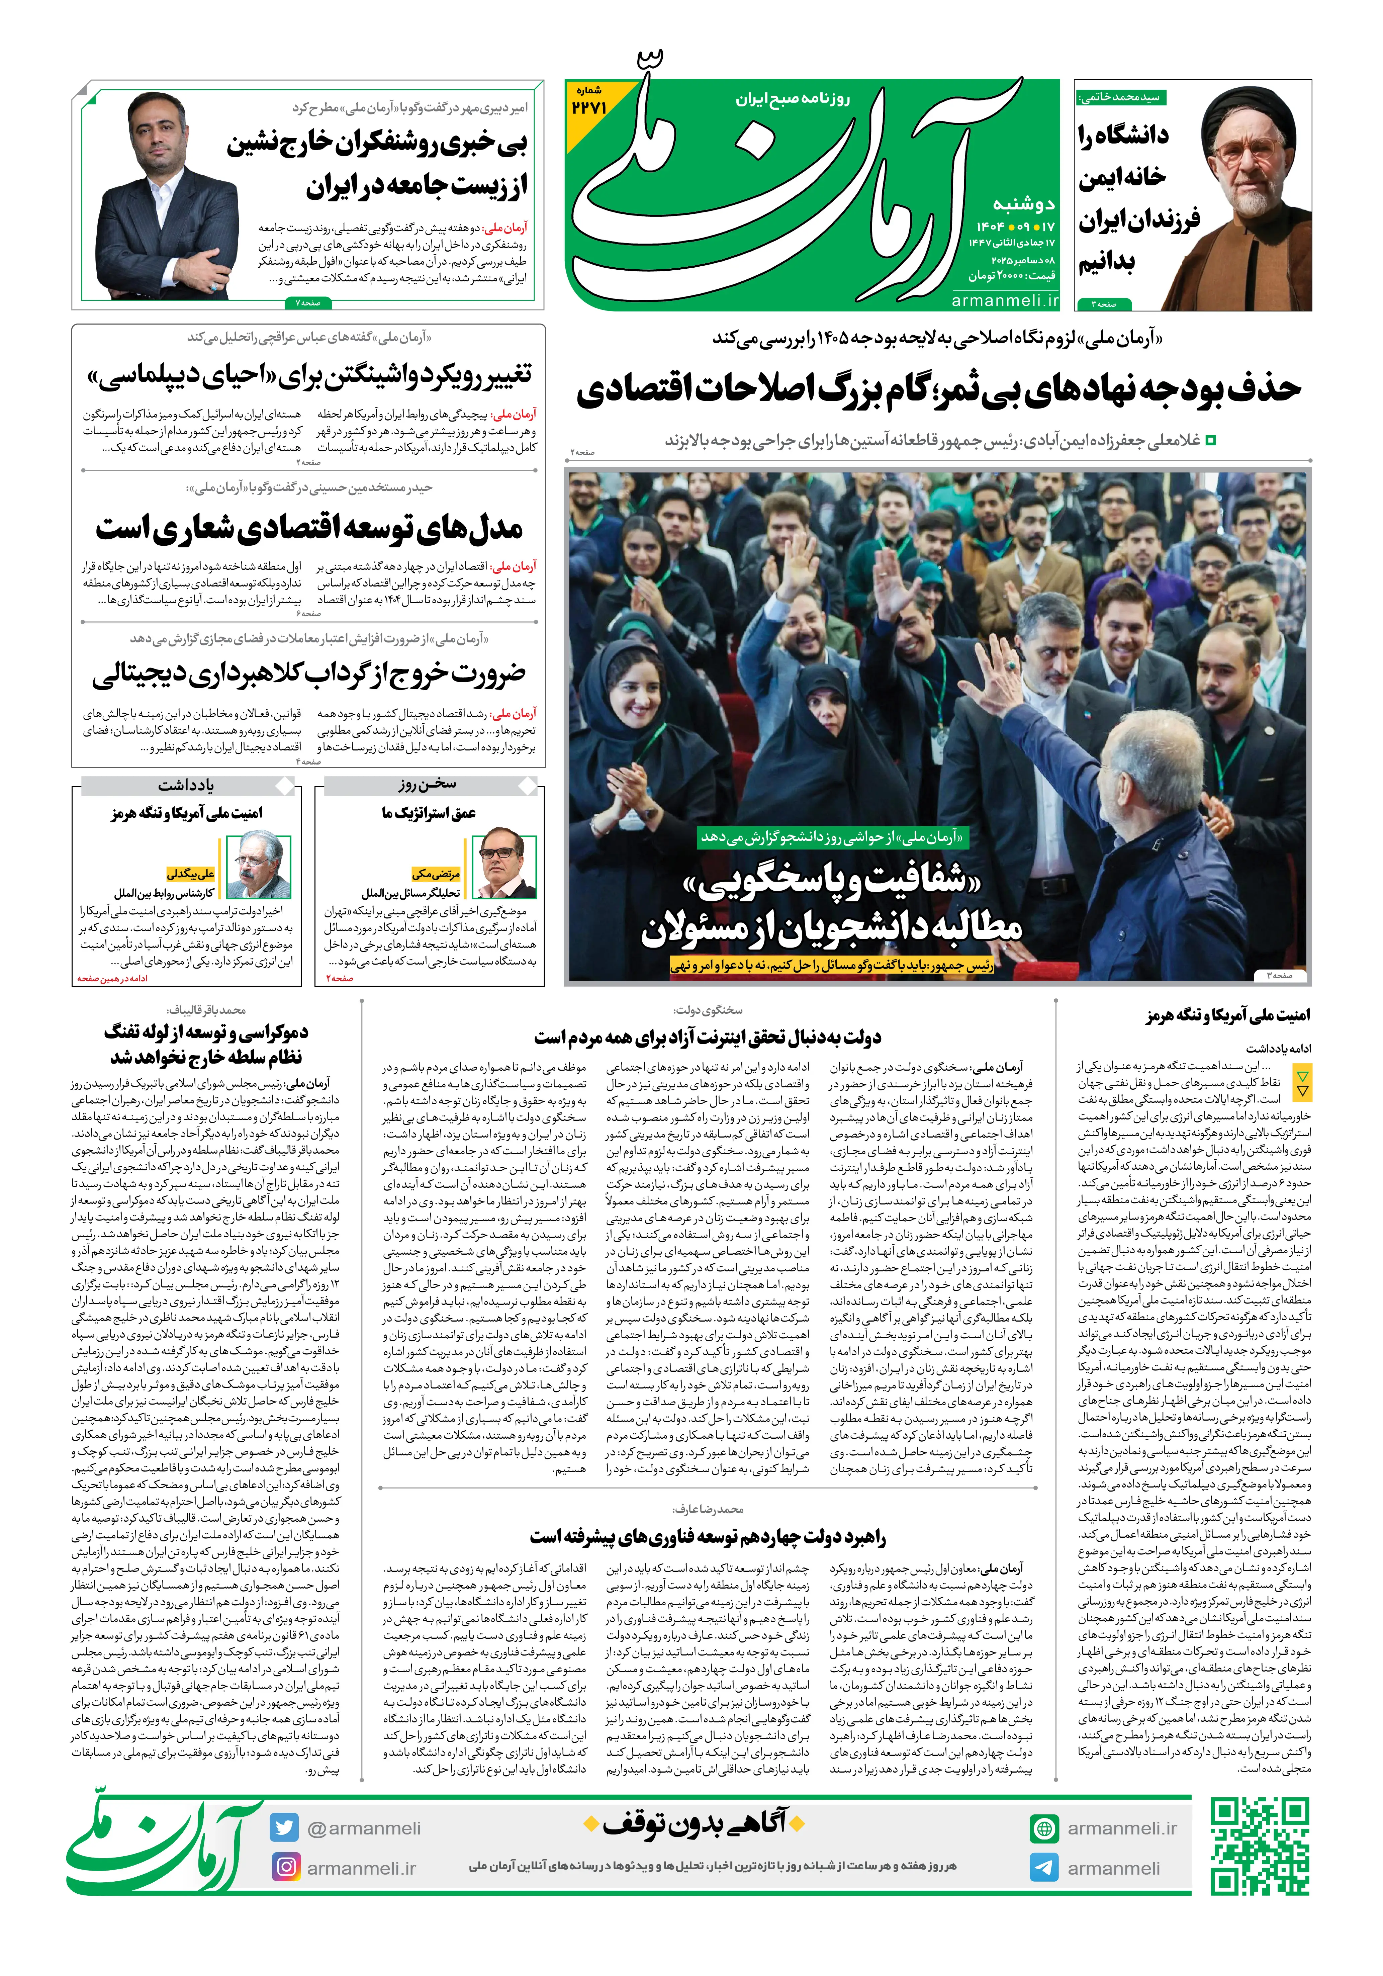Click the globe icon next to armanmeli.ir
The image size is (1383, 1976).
(x=1044, y=1828)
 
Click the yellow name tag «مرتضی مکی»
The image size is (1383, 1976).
(x=436, y=874)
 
